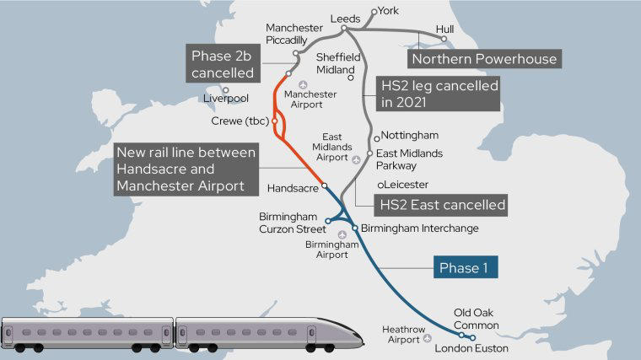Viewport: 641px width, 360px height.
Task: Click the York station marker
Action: pos(375,13)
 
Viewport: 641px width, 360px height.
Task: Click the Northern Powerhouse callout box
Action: pos(484,59)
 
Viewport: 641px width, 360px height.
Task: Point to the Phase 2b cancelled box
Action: pos(222,64)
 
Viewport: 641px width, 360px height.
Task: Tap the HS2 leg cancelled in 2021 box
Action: pos(437,94)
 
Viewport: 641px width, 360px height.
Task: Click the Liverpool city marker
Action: pos(225,89)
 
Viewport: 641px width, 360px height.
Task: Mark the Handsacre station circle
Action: pos(325,185)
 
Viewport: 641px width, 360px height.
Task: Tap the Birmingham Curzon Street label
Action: pos(290,223)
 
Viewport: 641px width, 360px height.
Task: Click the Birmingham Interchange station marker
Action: pos(355,228)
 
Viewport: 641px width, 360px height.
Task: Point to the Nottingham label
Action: pos(410,135)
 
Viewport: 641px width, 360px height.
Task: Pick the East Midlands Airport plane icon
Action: pos(356,159)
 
